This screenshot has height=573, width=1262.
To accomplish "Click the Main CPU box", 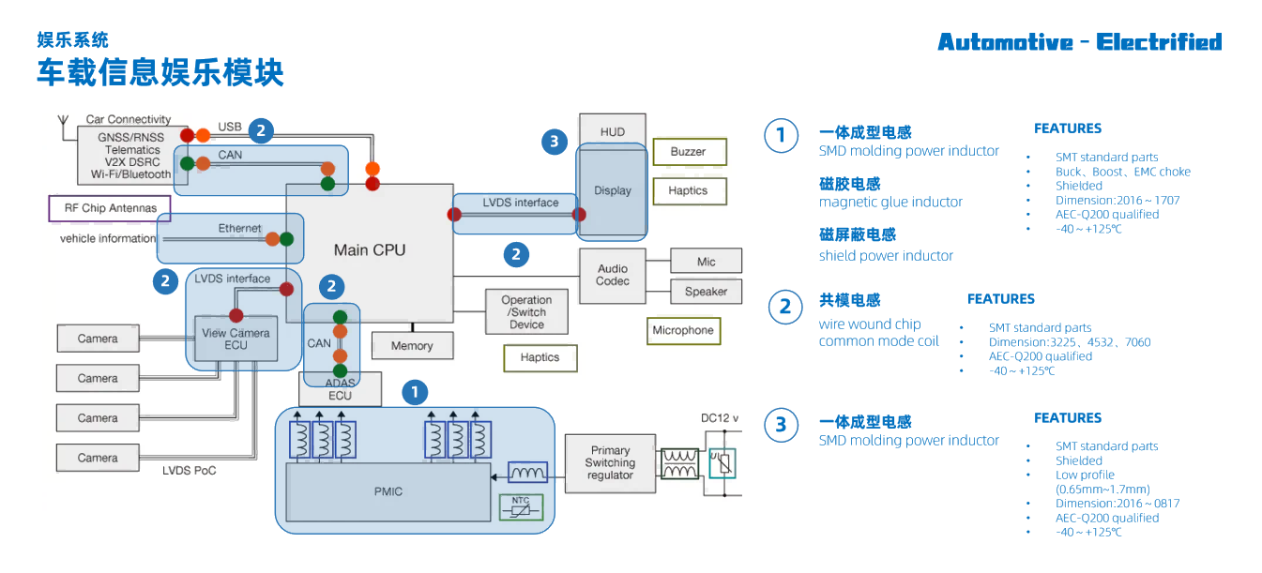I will click(x=370, y=250).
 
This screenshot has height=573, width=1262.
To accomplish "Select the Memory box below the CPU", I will click(x=412, y=346).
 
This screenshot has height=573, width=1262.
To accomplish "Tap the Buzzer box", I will click(x=688, y=152).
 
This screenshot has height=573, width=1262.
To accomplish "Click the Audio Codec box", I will click(x=613, y=276).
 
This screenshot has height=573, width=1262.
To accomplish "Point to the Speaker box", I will click(x=706, y=292).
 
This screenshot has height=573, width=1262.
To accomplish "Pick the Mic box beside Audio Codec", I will click(x=706, y=262).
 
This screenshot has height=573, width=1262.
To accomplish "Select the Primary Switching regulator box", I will click(x=610, y=463).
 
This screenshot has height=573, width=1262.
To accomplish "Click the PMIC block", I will click(x=388, y=491).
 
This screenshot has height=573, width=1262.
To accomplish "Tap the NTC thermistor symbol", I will click(x=521, y=507).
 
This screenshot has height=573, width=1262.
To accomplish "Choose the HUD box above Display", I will click(x=612, y=132).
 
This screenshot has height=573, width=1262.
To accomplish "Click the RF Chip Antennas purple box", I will click(x=110, y=208).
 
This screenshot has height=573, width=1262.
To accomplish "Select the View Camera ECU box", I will click(x=236, y=339).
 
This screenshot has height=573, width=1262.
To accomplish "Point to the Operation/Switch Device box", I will click(x=526, y=312).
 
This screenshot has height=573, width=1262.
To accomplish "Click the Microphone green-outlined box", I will click(x=683, y=330).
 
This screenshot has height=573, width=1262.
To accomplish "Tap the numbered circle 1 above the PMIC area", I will click(x=415, y=393).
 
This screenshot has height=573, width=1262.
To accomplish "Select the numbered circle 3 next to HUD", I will click(x=555, y=143).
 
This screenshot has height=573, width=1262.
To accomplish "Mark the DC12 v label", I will click(x=721, y=418).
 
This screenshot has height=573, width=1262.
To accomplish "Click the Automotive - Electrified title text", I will click(x=1079, y=42).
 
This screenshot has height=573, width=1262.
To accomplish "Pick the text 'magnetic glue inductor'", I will click(x=890, y=203).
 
